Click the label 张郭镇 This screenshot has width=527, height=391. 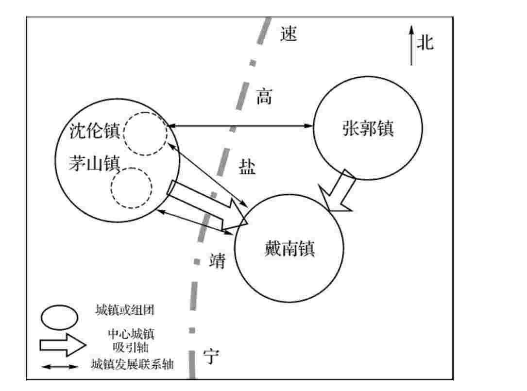367,129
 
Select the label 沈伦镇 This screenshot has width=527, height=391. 94,131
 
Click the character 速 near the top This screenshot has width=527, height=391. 289,34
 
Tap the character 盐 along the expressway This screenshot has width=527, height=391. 247,168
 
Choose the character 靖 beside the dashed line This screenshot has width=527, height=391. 217,261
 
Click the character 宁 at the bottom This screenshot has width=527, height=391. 211,357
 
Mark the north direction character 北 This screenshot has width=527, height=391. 425,43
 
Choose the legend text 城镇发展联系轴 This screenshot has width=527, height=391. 132,364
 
